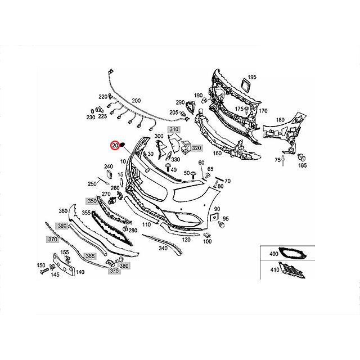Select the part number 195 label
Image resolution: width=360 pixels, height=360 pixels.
tap(251, 76)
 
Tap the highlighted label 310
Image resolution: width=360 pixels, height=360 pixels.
tap(174, 130)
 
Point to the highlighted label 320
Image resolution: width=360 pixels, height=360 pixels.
tap(196, 148)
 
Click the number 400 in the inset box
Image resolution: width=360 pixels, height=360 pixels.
tap(273, 254)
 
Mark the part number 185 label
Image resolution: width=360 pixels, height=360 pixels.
tap(302, 166)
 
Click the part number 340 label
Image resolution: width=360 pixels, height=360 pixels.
tap(164, 248)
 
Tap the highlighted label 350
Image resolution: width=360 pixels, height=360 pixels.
tap(91, 201)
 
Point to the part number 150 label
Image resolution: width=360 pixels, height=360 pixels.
tap(40, 265)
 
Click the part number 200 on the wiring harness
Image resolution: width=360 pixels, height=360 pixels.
tap(136, 101)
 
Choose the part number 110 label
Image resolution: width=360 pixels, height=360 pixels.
tap(146, 224)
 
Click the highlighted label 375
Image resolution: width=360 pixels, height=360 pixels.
tap(114, 271)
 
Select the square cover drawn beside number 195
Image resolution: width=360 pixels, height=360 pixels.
tap(245, 85)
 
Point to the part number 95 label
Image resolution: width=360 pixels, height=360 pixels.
tap(226, 218)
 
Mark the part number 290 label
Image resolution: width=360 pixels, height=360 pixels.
tap(180, 102)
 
